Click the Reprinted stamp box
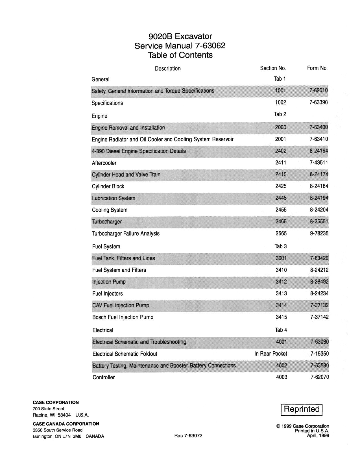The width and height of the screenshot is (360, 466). [301, 409]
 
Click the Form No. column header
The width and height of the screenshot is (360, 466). [317, 68]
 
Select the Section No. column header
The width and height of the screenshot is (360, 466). [273, 68]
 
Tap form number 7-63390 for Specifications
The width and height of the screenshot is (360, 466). [318, 103]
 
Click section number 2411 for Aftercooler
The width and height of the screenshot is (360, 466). [281, 163]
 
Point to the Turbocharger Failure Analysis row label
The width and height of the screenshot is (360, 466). [126, 234]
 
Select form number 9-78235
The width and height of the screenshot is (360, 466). [319, 234]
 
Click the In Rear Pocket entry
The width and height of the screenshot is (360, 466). [270, 354]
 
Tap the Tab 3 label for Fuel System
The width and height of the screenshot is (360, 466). [280, 246]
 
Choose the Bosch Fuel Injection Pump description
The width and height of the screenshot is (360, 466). [123, 317]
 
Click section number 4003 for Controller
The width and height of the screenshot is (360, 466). [282, 377]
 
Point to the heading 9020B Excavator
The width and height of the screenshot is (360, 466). [180, 36]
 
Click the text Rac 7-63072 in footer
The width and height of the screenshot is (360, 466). [188, 435]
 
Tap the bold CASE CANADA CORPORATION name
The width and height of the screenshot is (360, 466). [66, 424]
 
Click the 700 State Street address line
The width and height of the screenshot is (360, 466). [48, 409]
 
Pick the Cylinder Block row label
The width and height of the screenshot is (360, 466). [108, 186]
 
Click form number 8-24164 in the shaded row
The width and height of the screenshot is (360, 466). [319, 151]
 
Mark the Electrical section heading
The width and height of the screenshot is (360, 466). [103, 330]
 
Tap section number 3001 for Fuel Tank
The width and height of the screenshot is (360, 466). [281, 258]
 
